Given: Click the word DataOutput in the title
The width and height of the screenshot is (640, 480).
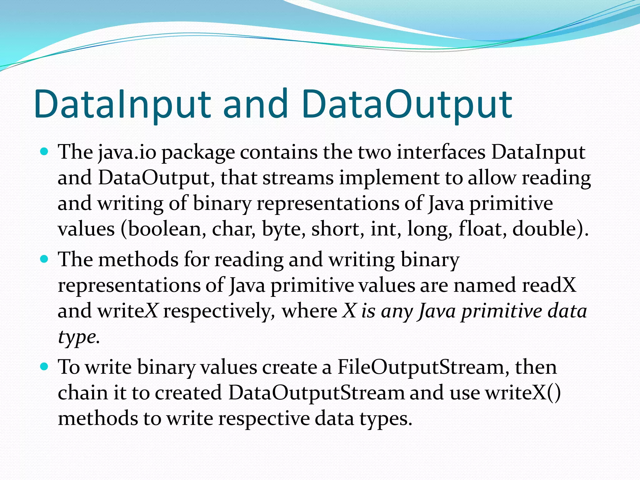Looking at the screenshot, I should [x=406, y=105].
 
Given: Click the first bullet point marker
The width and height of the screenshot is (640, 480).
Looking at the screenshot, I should [x=45, y=152].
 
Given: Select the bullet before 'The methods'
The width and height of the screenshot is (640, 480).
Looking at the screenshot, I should [x=45, y=259].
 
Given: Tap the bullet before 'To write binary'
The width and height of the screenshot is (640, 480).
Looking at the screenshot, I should [x=45, y=366].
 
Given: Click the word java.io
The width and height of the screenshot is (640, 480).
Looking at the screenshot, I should [x=127, y=153].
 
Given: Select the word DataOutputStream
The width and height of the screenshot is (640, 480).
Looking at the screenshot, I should [x=316, y=393].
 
